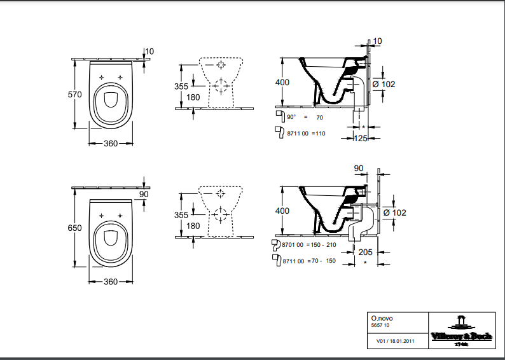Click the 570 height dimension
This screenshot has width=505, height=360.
coord(75,94)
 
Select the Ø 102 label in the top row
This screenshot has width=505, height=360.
coord(384,85)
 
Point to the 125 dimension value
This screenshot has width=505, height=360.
coord(361,139)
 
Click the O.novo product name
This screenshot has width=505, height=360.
coord(380,317)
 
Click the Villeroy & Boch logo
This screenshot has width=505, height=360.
coord(462,331)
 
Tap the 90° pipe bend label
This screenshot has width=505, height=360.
coord(292,117)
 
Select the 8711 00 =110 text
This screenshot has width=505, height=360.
coord(305,133)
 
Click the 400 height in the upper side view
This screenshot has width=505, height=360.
coord(282,83)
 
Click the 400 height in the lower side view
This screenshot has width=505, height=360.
coord(282,211)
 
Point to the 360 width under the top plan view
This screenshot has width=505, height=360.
coord(111,143)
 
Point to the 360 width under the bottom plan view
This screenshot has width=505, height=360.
coord(111,282)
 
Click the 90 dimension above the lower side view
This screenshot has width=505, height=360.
coord(358,169)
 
